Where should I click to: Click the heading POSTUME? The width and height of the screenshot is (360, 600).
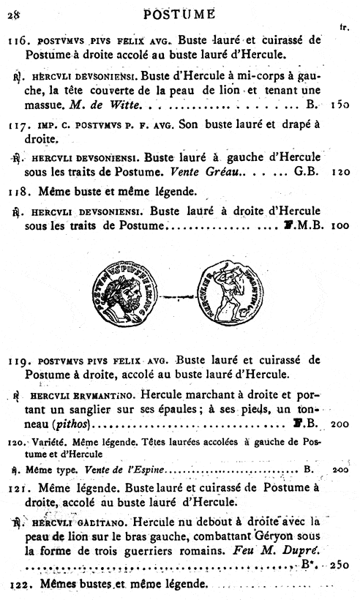pos(179,12)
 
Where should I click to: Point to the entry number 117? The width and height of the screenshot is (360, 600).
pos(18,124)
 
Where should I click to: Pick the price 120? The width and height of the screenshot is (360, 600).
pos(339,175)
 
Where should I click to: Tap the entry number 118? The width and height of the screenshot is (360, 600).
pos(18,193)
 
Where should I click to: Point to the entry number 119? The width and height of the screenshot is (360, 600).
pos(18,359)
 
